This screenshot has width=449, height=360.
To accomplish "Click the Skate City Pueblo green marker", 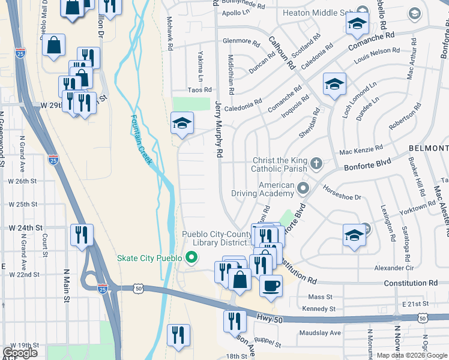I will point(192,259).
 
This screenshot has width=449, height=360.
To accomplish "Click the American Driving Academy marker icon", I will point(303,189).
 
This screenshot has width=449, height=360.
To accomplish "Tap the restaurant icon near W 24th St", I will point(81,235).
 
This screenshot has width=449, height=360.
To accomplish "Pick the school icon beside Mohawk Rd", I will point(182,123).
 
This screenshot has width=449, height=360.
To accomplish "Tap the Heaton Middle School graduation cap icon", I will point(357,24).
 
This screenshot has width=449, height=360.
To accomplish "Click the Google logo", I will point(20,353).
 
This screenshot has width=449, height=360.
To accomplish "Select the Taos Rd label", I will point(199,89).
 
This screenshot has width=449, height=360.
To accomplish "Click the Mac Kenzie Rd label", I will point(361,149).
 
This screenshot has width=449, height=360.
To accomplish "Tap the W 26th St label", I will point(22,181).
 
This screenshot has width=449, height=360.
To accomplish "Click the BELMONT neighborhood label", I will point(429,148).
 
